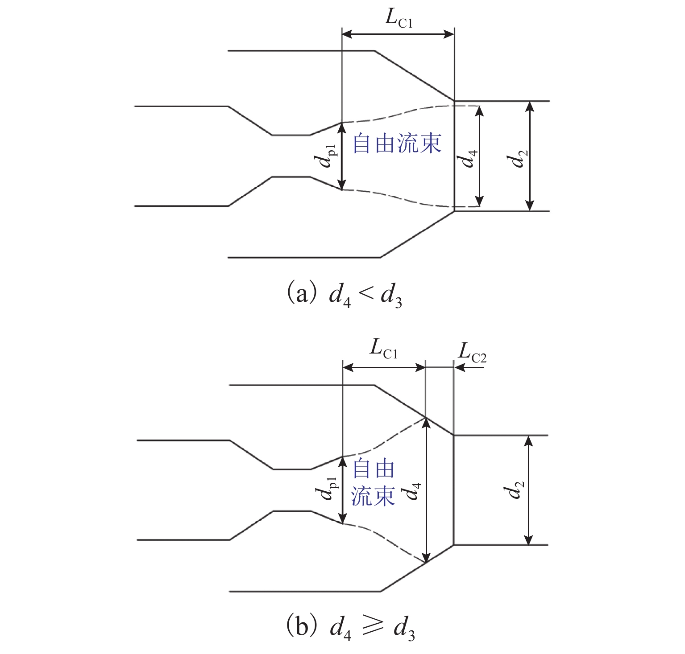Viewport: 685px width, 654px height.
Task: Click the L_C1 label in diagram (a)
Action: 399,19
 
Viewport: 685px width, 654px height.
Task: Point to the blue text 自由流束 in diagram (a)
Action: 397,144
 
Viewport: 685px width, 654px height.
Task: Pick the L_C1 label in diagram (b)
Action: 383,350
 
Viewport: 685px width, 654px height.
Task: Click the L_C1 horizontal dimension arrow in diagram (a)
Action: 398,34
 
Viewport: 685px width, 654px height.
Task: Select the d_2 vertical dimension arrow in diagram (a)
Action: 529,156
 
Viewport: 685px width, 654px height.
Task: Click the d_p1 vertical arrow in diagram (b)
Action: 342,490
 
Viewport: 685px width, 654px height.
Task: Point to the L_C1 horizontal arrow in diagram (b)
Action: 384,367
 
